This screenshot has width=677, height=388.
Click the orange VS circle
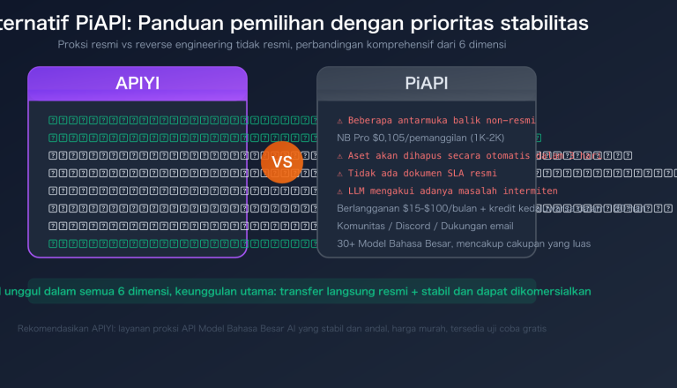pos(282,162)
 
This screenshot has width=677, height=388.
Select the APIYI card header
pos(138,85)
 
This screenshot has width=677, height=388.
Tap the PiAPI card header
pos(427,85)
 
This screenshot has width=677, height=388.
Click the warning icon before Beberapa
pos(340,120)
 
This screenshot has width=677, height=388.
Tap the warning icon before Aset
pos(340,155)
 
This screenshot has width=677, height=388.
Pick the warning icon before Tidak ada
pos(340,173)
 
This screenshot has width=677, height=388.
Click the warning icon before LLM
pos(340,190)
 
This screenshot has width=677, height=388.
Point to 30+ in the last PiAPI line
pos(346,243)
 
